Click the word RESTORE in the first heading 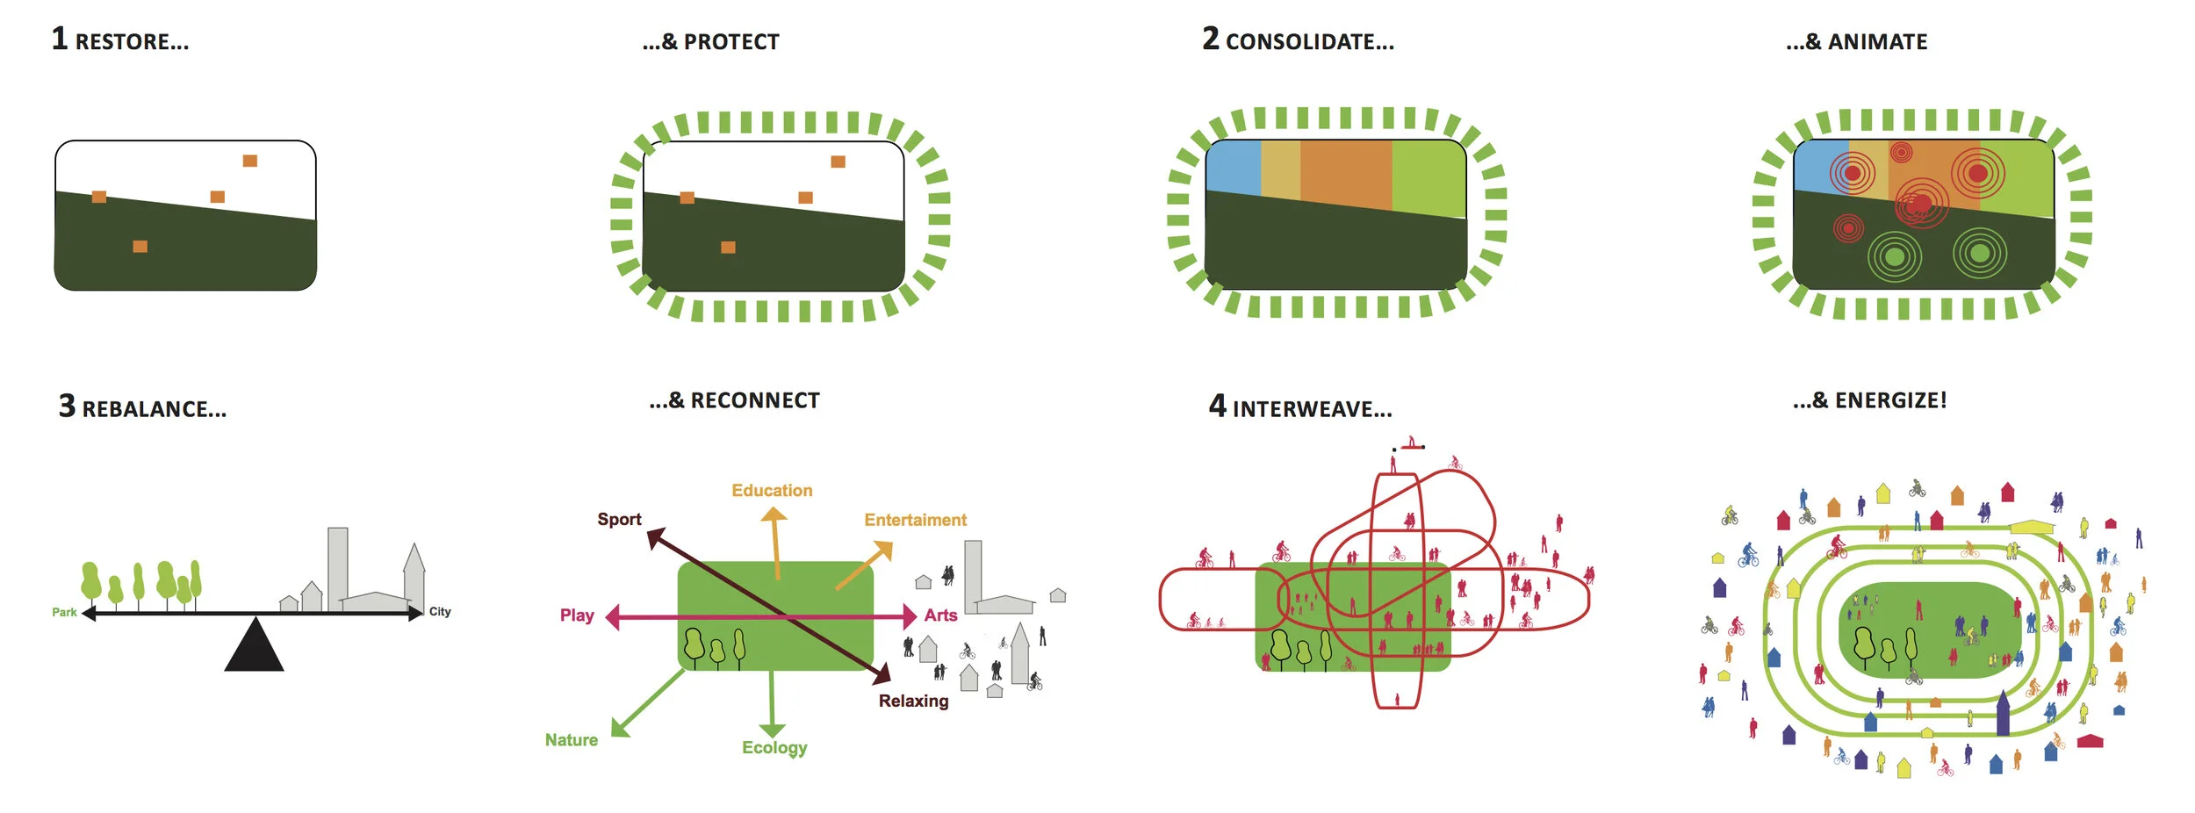[x=132, y=42]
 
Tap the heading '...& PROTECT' [x=710, y=42]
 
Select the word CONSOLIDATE [x=1309, y=42]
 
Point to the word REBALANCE [x=154, y=409]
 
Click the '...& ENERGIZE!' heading [x=1869, y=400]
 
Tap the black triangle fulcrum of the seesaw [x=254, y=648]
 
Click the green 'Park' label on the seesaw [x=64, y=612]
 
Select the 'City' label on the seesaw [x=440, y=611]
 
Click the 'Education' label [x=772, y=490]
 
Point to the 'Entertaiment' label [x=915, y=520]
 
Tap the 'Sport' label [x=619, y=519]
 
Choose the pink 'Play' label [x=577, y=615]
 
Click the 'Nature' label [x=571, y=739]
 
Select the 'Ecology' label [x=774, y=747]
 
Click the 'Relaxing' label [x=913, y=701]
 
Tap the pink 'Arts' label [x=940, y=615]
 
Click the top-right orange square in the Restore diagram [x=250, y=161]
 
